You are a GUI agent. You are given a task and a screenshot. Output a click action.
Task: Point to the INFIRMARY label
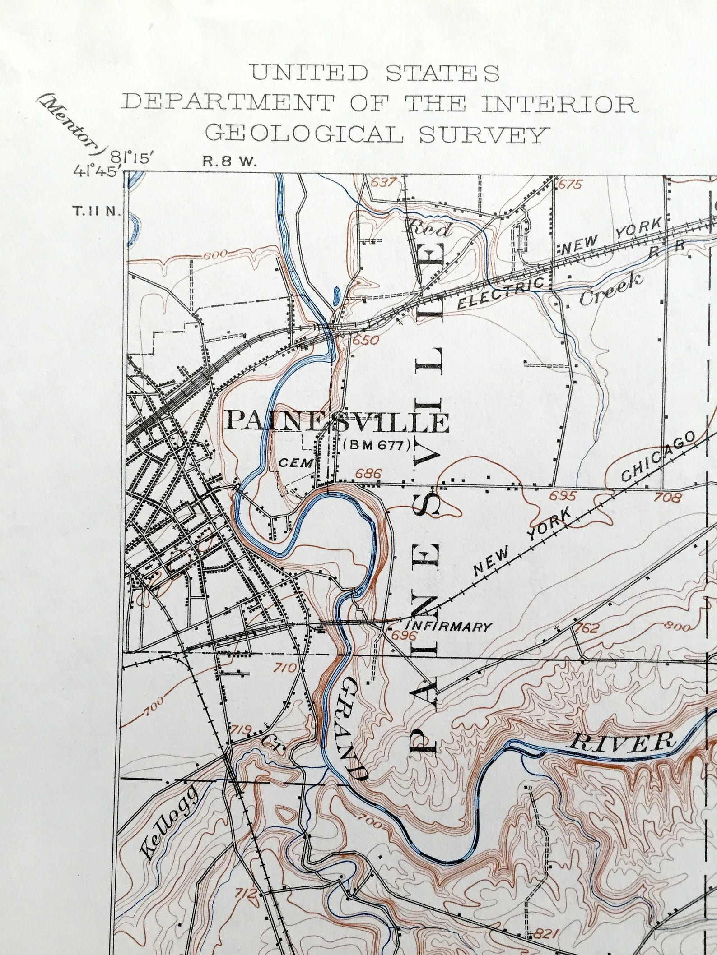tap(448, 627)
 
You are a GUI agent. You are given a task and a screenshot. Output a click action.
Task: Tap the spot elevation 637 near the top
tap(383, 182)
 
